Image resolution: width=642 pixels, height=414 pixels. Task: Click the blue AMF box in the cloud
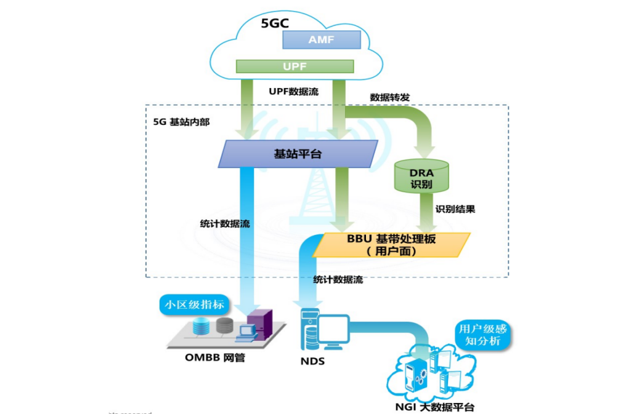(x=321, y=40)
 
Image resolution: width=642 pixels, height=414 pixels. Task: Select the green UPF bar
(x=295, y=66)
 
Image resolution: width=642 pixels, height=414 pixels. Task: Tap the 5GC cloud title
(x=275, y=23)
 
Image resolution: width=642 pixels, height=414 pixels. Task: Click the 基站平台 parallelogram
(x=298, y=154)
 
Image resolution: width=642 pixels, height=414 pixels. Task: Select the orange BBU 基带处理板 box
(x=391, y=245)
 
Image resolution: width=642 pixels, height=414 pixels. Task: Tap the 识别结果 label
(x=455, y=209)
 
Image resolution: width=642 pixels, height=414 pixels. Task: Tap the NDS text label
(x=312, y=361)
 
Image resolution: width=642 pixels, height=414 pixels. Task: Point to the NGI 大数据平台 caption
(x=435, y=407)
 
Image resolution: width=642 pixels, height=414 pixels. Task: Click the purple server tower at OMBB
(x=259, y=326)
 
